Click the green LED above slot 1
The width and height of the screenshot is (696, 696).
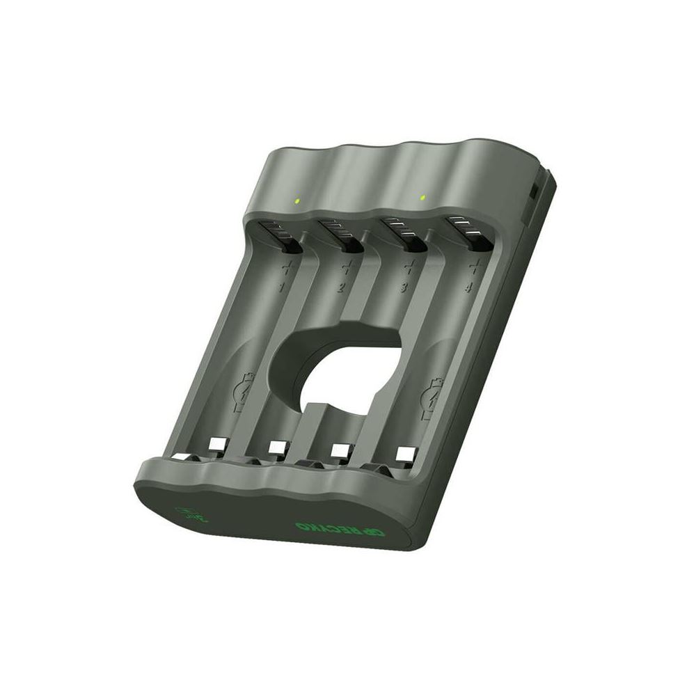(297, 202)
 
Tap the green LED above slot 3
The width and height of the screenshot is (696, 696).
(422, 198)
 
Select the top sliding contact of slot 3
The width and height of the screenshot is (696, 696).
(404, 235)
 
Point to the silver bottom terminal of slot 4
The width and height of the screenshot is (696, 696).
(403, 454)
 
